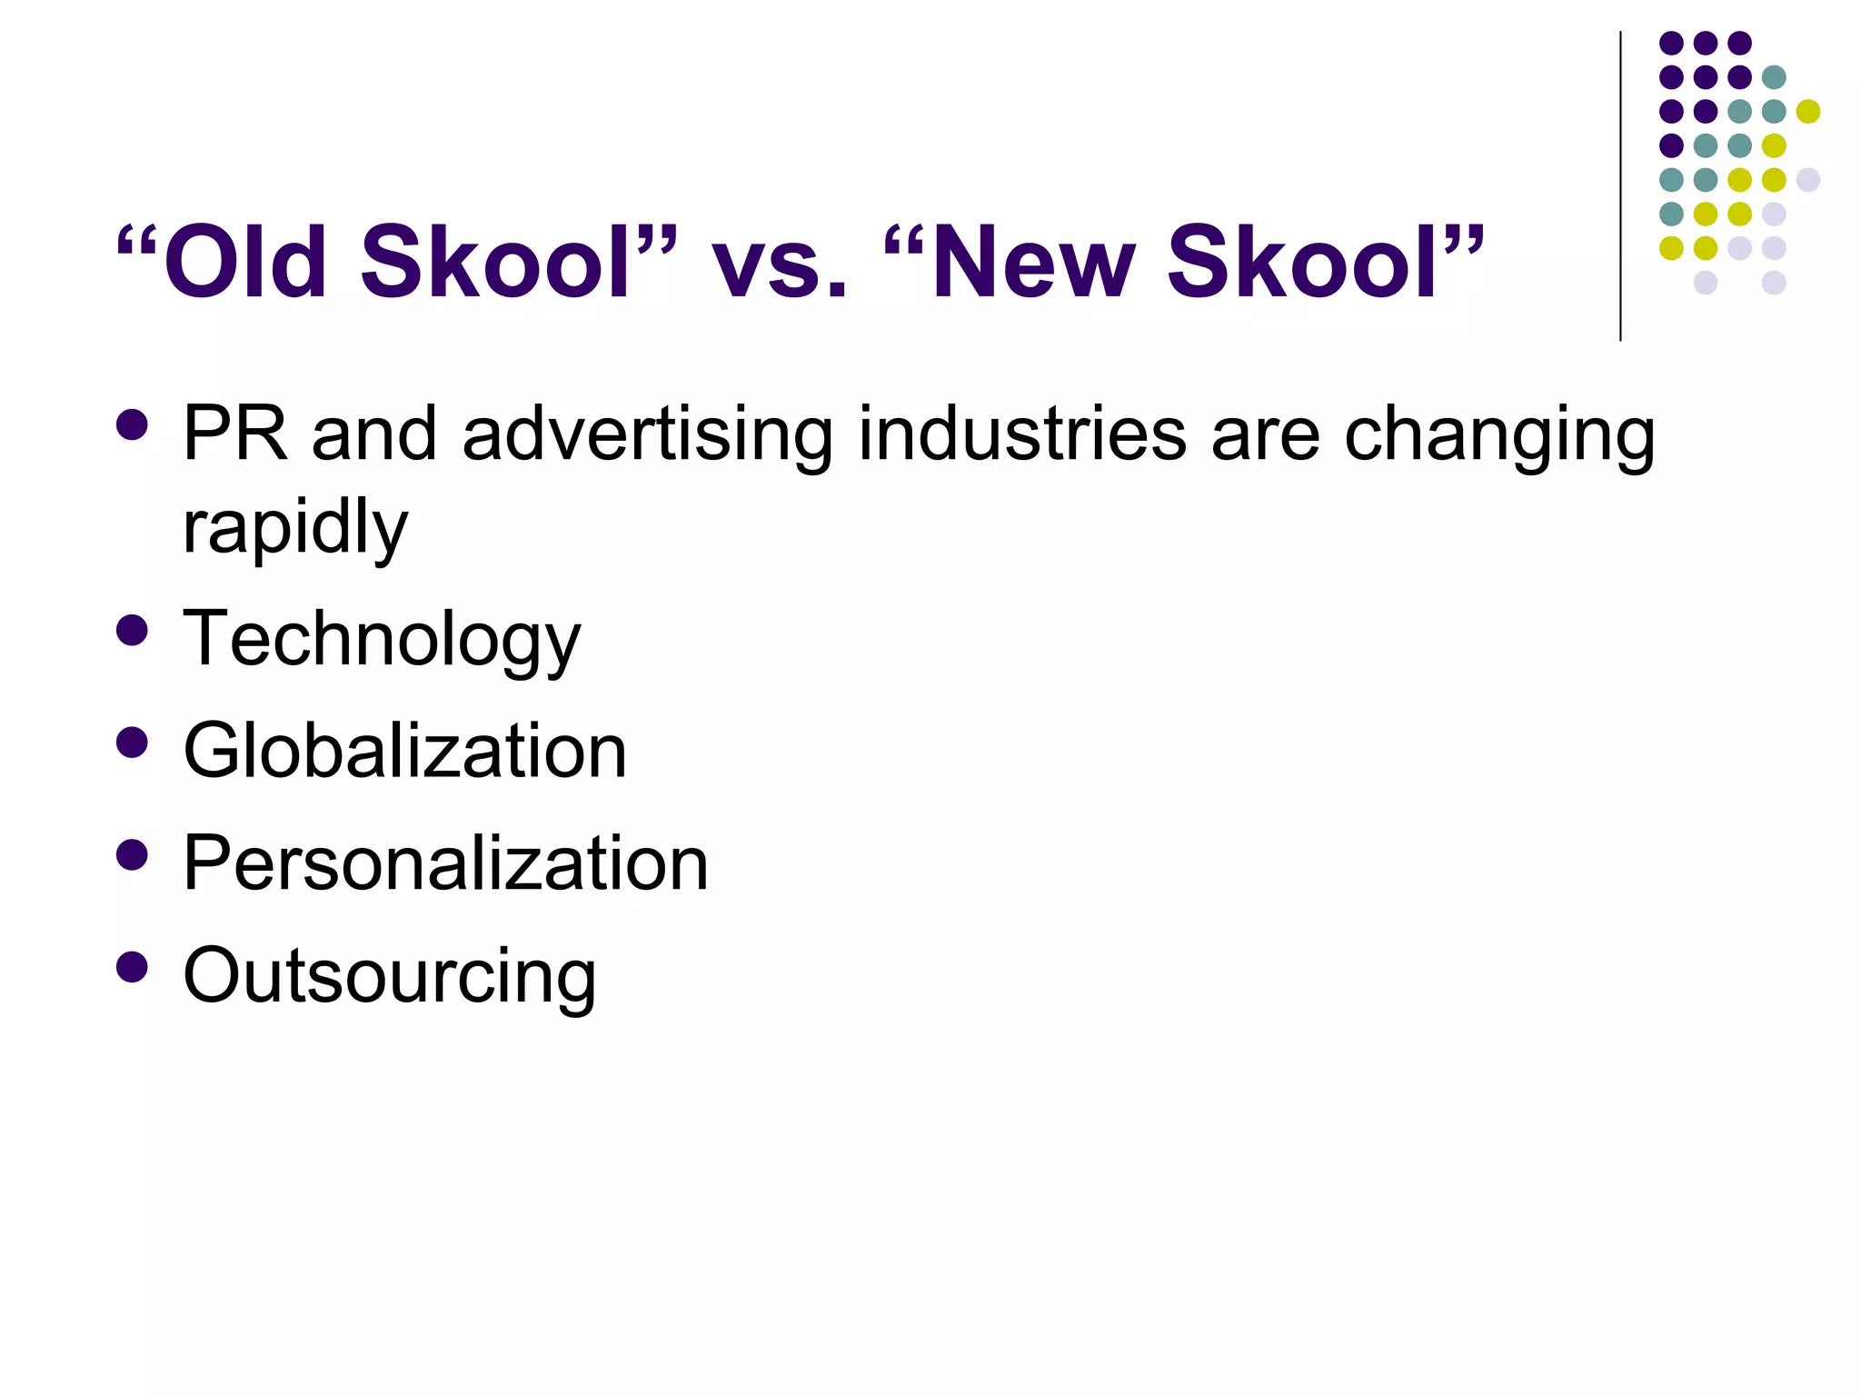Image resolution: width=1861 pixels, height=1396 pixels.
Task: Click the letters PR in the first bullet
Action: click(x=234, y=434)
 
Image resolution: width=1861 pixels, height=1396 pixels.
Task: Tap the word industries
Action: click(x=1021, y=434)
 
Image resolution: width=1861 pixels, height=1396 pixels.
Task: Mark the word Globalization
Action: click(x=404, y=752)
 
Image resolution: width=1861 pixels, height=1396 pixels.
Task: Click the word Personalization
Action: click(x=445, y=863)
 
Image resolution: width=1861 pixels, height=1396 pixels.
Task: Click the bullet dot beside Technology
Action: click(x=133, y=631)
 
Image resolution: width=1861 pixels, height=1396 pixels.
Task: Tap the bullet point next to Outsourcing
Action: click(x=133, y=967)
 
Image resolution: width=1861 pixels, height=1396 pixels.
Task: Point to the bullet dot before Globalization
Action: click(x=133, y=743)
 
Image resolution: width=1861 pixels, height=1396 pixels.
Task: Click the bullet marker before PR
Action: click(x=133, y=425)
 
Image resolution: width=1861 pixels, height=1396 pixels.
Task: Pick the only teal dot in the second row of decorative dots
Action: click(x=1774, y=77)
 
